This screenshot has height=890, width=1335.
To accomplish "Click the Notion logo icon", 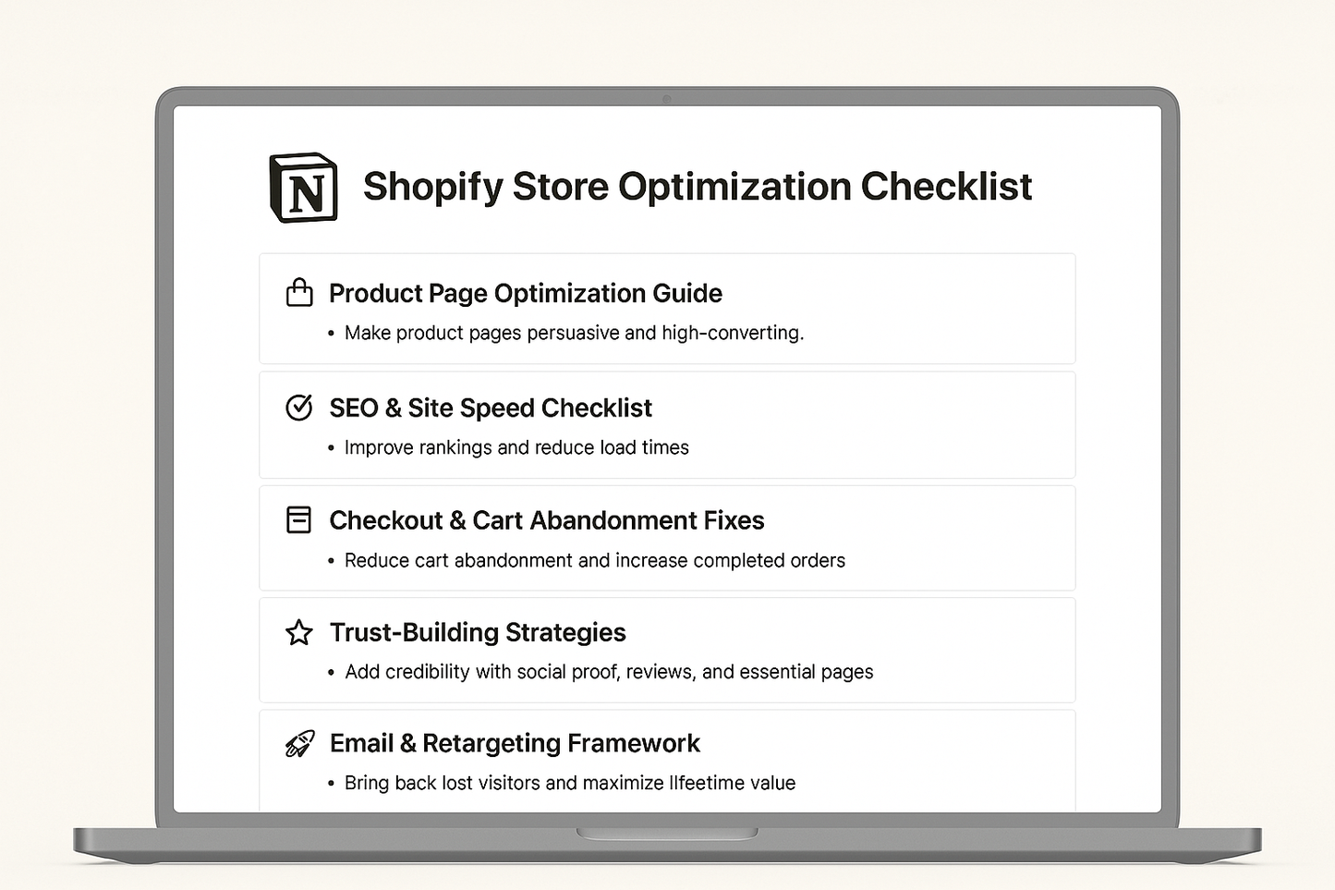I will click(x=303, y=188).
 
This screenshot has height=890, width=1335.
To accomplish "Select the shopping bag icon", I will click(x=299, y=293).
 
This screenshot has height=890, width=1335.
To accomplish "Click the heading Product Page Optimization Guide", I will click(x=525, y=294).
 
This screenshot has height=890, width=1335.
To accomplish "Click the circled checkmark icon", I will click(x=299, y=408).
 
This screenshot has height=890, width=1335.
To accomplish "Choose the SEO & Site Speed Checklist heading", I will click(x=490, y=408).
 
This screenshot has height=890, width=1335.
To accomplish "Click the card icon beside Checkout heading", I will click(x=299, y=520).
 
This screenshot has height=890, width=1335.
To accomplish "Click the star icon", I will click(x=299, y=633).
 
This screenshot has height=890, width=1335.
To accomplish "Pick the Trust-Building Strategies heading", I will click(x=477, y=633).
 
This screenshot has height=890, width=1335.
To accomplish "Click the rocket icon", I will click(x=299, y=744).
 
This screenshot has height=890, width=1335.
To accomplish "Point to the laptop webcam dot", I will click(x=667, y=99).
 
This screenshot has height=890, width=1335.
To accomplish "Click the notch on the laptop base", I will click(x=667, y=834).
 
